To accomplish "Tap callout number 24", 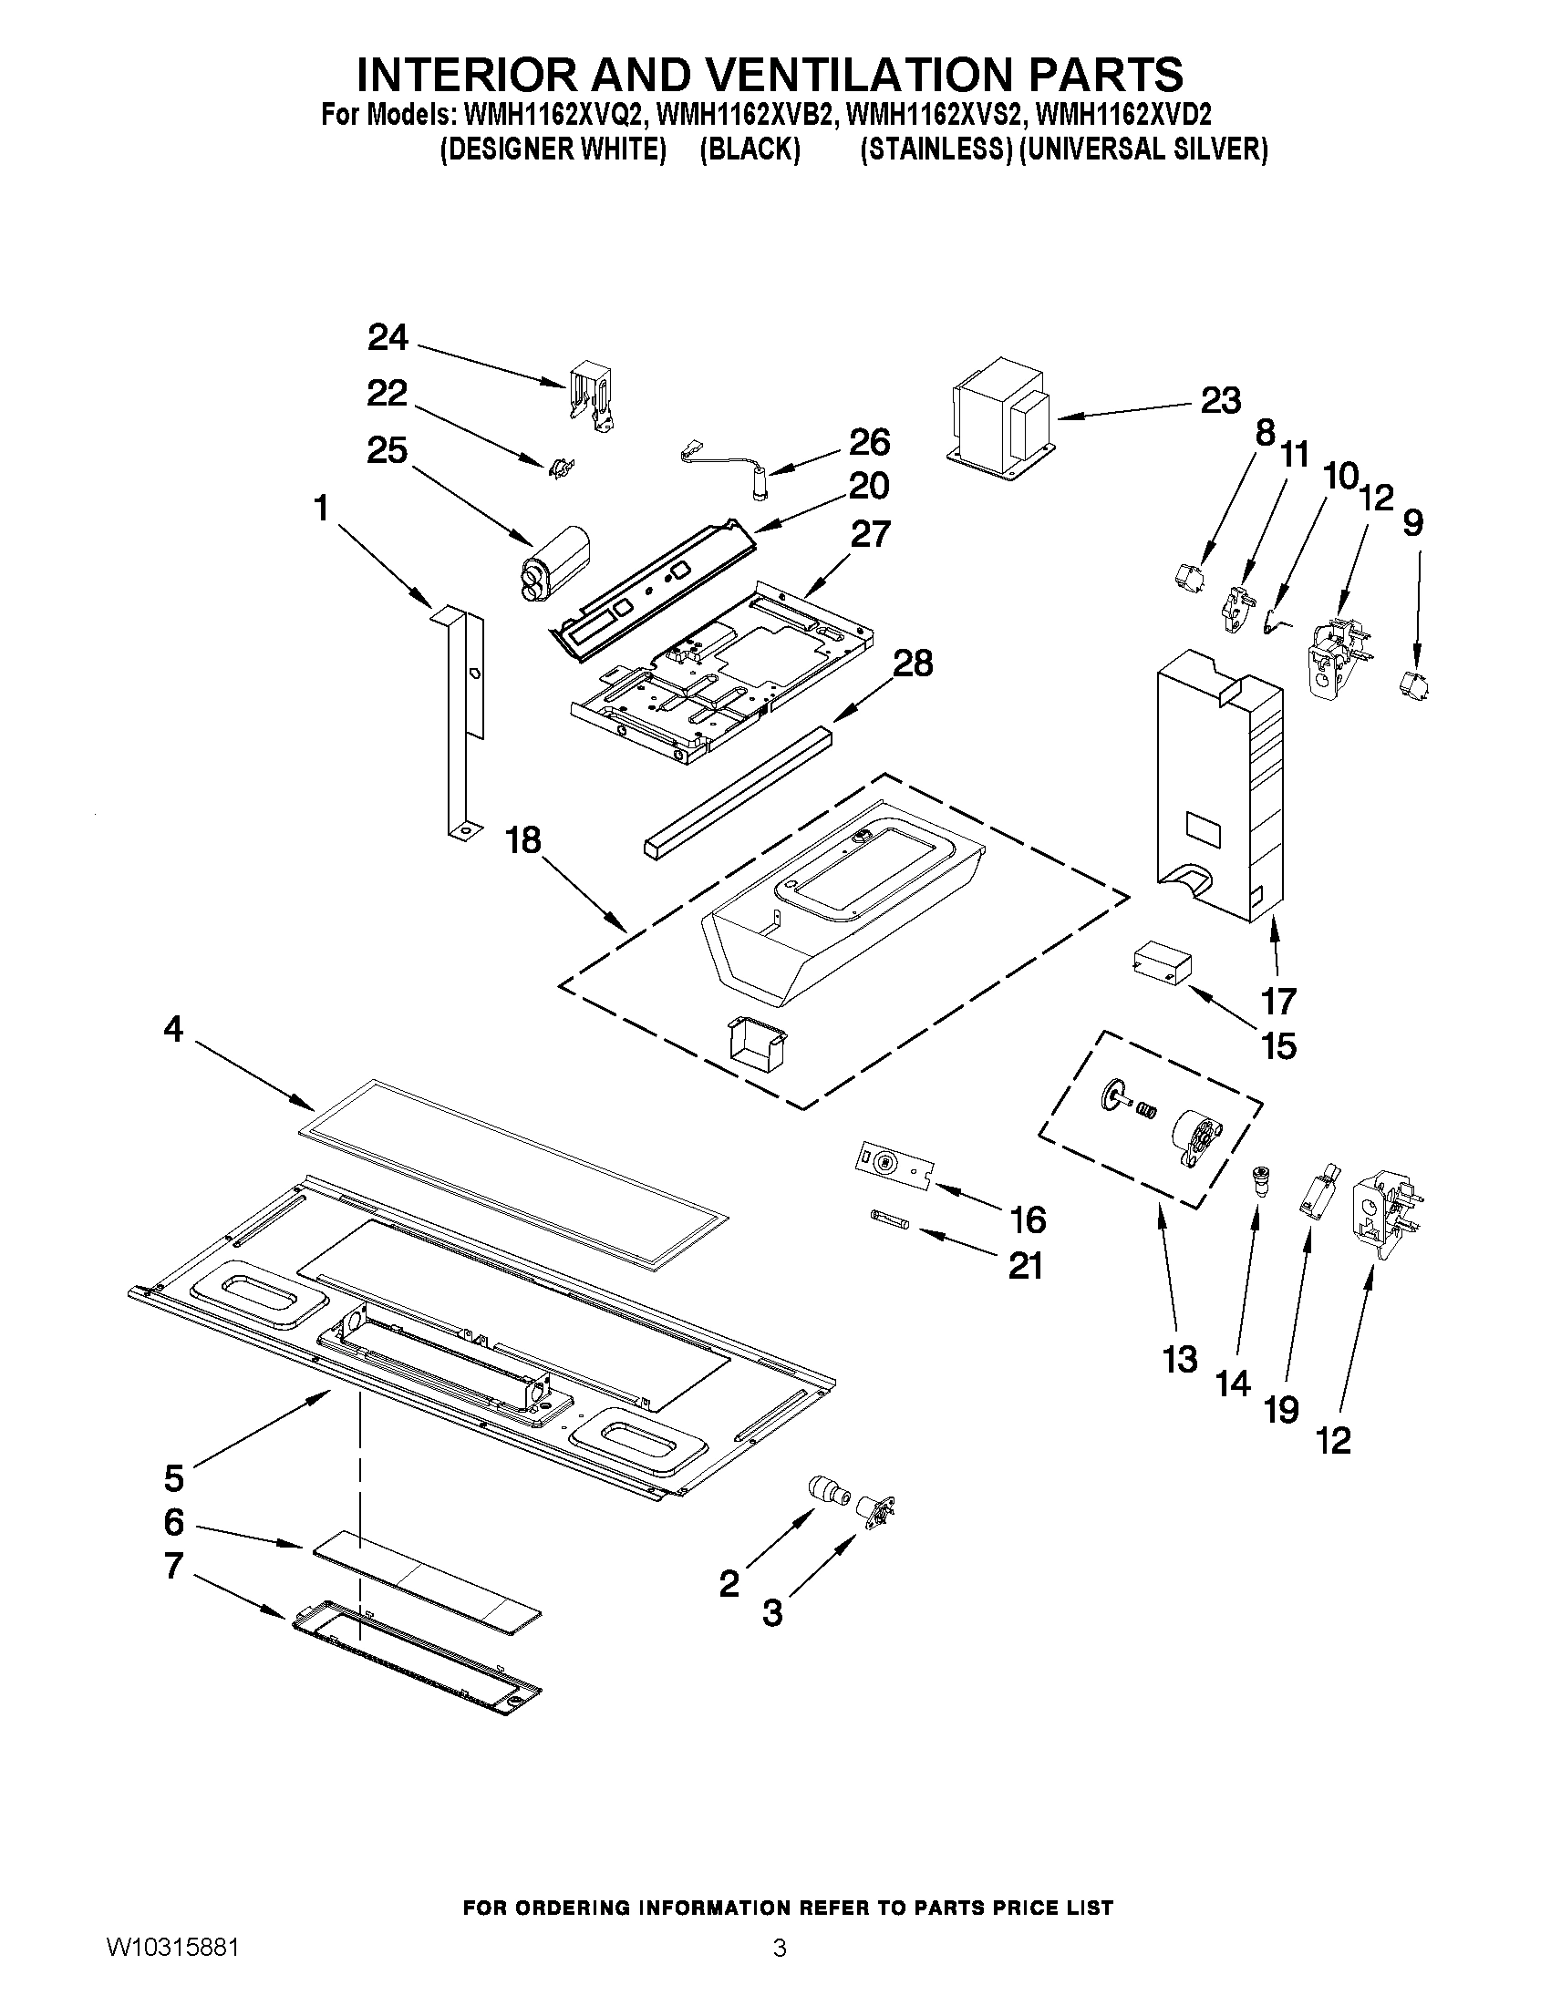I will [x=388, y=338].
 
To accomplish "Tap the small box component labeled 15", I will [x=1163, y=967].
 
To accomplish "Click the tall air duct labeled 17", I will [x=1218, y=790].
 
